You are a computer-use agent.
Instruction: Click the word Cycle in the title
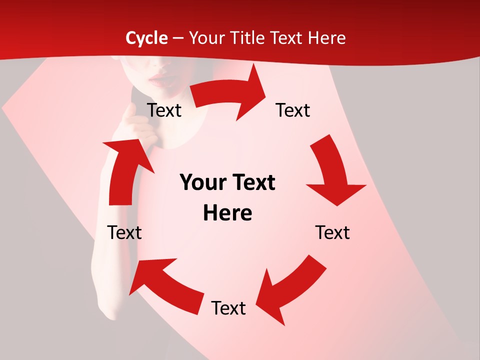146,38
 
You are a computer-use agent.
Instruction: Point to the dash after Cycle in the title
177,38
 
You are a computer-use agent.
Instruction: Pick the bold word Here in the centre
227,213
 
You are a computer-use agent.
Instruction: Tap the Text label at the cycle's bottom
228,308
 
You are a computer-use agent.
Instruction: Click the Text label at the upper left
164,110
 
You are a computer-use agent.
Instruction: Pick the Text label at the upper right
293,110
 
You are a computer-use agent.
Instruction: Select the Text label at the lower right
332,232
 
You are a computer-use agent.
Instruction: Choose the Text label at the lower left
124,232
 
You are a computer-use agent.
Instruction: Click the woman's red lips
159,78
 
